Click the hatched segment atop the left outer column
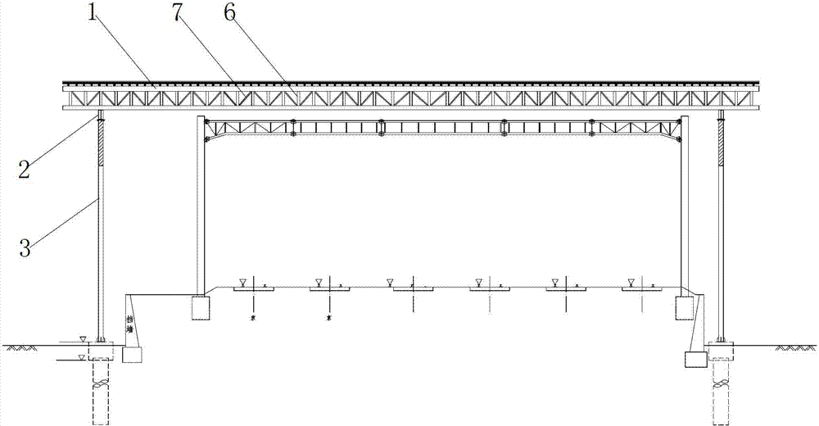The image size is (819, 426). [x=100, y=134]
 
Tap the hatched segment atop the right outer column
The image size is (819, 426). [x=721, y=134]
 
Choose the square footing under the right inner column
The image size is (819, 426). [x=685, y=308]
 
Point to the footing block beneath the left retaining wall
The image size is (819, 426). [x=132, y=354]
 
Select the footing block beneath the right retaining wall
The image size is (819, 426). [x=695, y=359]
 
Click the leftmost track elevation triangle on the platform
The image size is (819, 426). [x=242, y=283]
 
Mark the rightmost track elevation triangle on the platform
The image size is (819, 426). [x=630, y=283]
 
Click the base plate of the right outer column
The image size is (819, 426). [x=721, y=340]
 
